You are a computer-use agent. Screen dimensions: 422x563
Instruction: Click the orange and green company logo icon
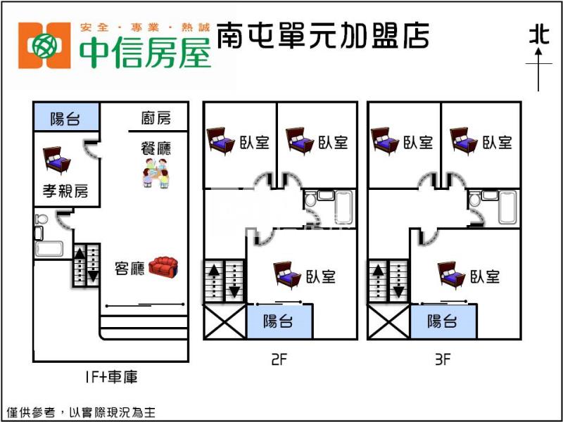44,46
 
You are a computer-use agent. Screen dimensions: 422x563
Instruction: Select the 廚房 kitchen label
156,118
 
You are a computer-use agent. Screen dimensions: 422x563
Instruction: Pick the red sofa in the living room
164,267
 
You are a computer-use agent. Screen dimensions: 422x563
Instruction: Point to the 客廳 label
129,268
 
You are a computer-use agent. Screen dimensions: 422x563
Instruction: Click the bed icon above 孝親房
56,160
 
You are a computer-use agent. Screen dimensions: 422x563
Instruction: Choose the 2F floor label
279,360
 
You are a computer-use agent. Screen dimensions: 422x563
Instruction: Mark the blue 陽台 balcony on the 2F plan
278,321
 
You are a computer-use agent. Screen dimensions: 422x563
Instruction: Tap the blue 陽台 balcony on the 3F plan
442,321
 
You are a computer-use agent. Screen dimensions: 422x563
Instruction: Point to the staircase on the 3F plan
388,281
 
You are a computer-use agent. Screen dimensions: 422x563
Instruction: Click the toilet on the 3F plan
474,200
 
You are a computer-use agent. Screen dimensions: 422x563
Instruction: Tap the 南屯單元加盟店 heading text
323,36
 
